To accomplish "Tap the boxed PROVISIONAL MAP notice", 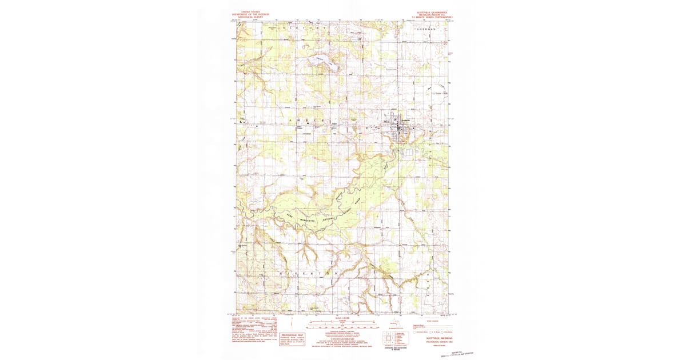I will (292, 339).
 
